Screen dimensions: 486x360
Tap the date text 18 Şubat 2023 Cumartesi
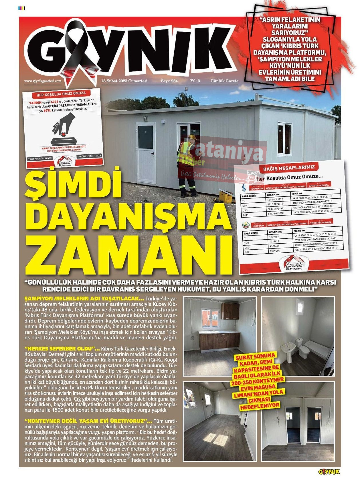coord(124,81)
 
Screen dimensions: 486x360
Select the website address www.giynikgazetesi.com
coord(43,81)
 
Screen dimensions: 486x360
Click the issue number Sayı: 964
coord(169,81)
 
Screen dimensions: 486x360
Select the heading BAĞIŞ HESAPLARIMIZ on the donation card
coord(289,168)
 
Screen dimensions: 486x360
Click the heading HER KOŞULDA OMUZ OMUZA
coord(61,93)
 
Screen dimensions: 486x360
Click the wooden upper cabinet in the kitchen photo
coord(230,311)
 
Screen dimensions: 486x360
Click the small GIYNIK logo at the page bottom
coord(329,472)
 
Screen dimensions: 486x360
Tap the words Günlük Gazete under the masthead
coord(224,81)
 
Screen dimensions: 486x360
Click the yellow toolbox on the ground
coord(226,197)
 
